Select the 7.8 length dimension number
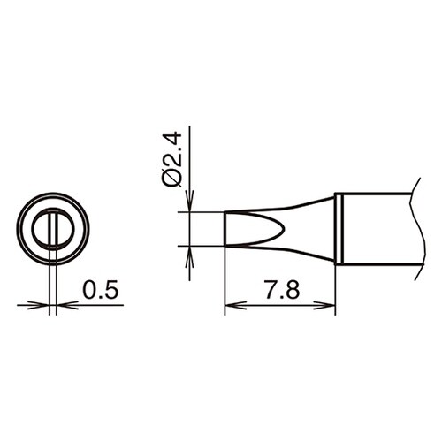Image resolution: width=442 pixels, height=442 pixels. tap(281, 290)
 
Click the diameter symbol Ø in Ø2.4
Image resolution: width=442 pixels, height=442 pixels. tap(173, 178)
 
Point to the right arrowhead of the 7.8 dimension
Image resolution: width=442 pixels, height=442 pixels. tap(331, 306)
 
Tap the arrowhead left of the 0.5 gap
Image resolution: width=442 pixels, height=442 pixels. tap(44, 306)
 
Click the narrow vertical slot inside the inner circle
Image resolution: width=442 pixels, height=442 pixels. tap(53, 229)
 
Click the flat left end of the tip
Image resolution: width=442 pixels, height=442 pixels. tap(226, 229)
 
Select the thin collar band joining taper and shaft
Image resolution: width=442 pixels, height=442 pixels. tap(339, 228)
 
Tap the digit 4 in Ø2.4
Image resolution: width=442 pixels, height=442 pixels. tap(173, 141)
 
